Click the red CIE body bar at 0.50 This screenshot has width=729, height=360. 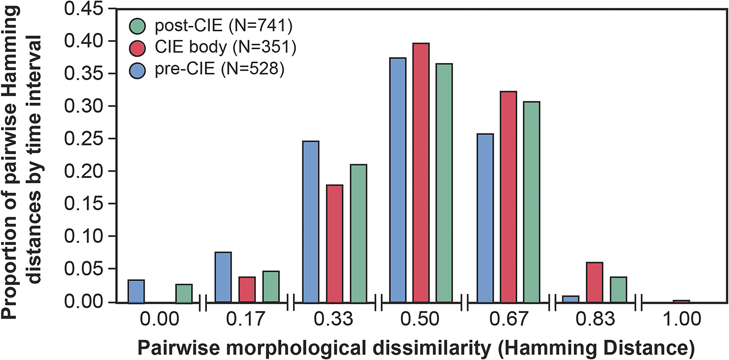[421, 173]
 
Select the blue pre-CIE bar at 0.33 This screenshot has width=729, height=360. [311, 222]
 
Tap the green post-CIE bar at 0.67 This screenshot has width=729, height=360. [532, 202]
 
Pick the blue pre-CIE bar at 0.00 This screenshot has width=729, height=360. [136, 291]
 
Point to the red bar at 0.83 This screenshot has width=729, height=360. [595, 282]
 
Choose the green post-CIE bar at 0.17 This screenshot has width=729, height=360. [271, 287]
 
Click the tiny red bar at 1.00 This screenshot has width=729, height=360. [681, 301]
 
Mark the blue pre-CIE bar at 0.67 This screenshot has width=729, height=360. [485, 218]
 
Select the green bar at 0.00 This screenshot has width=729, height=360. [184, 293]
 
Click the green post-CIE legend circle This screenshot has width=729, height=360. [137, 26]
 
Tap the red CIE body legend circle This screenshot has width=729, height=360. [137, 48]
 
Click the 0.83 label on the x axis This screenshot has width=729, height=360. [595, 319]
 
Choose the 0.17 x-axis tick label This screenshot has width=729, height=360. [246, 319]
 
